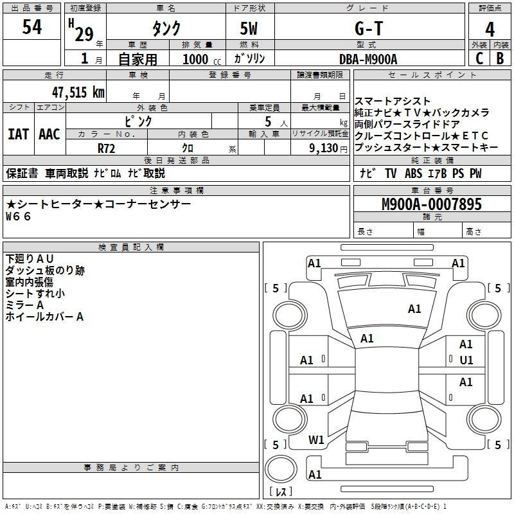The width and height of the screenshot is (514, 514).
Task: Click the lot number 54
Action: tap(32, 27)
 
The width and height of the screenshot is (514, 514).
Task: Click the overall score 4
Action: tap(490, 30)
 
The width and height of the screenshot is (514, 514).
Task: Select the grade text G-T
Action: tap(369, 28)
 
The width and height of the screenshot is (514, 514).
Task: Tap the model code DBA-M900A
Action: tap(368, 59)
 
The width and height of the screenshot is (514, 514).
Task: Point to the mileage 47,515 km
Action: tap(78, 92)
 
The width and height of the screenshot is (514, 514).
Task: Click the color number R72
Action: tap(107, 148)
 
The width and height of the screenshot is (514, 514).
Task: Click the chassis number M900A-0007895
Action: tap(432, 204)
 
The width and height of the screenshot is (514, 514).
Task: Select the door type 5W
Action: tap(249, 28)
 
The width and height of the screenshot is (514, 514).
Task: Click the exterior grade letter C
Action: tap(479, 58)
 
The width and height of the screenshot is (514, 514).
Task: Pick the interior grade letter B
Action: tap(501, 58)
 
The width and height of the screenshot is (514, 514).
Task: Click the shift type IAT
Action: tap(19, 134)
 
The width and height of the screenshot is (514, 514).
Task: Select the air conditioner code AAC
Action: tap(49, 134)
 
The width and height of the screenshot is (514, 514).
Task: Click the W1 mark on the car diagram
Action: tap(316, 440)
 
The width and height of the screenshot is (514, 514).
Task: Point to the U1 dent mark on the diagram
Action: tap(466, 360)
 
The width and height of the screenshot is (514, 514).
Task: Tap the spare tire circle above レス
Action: tap(281, 469)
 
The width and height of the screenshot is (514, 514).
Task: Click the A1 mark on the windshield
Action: tap(414, 309)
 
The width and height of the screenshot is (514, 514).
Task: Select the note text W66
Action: tap(19, 217)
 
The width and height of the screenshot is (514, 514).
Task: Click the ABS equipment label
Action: tap(413, 173)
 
